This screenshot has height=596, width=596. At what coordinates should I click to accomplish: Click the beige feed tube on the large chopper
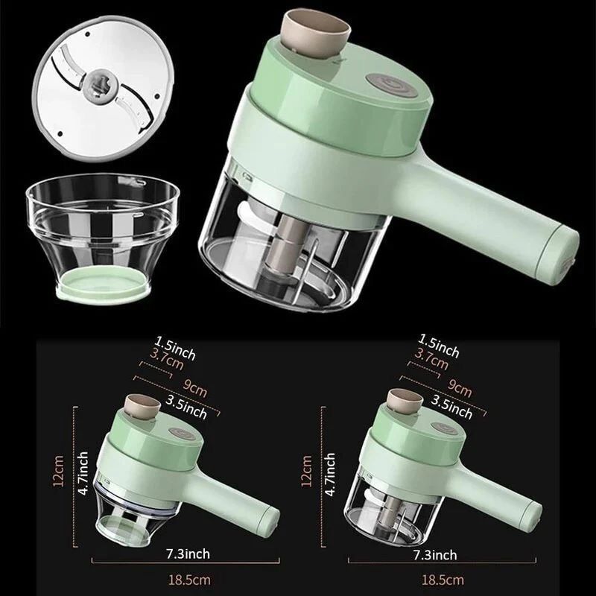(x=315, y=34)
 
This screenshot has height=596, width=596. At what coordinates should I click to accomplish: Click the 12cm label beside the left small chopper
(x=58, y=471)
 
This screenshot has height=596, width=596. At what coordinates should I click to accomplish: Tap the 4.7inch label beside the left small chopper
(x=83, y=473)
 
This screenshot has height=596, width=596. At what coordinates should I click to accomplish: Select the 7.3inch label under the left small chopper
(x=188, y=554)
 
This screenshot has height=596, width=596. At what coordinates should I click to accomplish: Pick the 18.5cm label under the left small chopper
(x=189, y=580)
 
